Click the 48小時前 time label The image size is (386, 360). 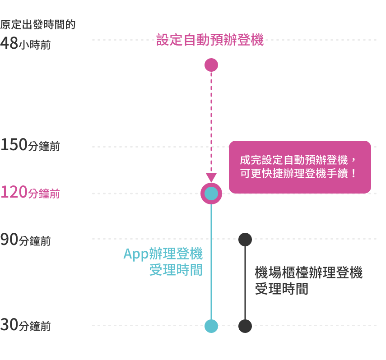[x=25, y=44]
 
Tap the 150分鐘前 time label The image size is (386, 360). [x=30, y=146]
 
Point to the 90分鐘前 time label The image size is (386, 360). [x=25, y=240]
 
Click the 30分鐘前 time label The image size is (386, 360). [x=25, y=325]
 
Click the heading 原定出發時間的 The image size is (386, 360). [x=37, y=24]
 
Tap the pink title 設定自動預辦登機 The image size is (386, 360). [x=210, y=40]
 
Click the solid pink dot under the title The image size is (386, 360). [x=211, y=65]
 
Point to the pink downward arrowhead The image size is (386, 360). [x=211, y=177]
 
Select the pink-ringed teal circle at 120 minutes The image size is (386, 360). [x=211, y=194]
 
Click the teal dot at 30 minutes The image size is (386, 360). [x=211, y=326]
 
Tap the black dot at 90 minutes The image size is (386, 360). [x=245, y=240]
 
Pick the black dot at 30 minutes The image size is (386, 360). [x=245, y=326]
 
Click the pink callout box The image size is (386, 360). [x=300, y=167]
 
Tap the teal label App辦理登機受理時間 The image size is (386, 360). [x=163, y=262]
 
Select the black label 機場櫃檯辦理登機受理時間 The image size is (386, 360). [x=309, y=280]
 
